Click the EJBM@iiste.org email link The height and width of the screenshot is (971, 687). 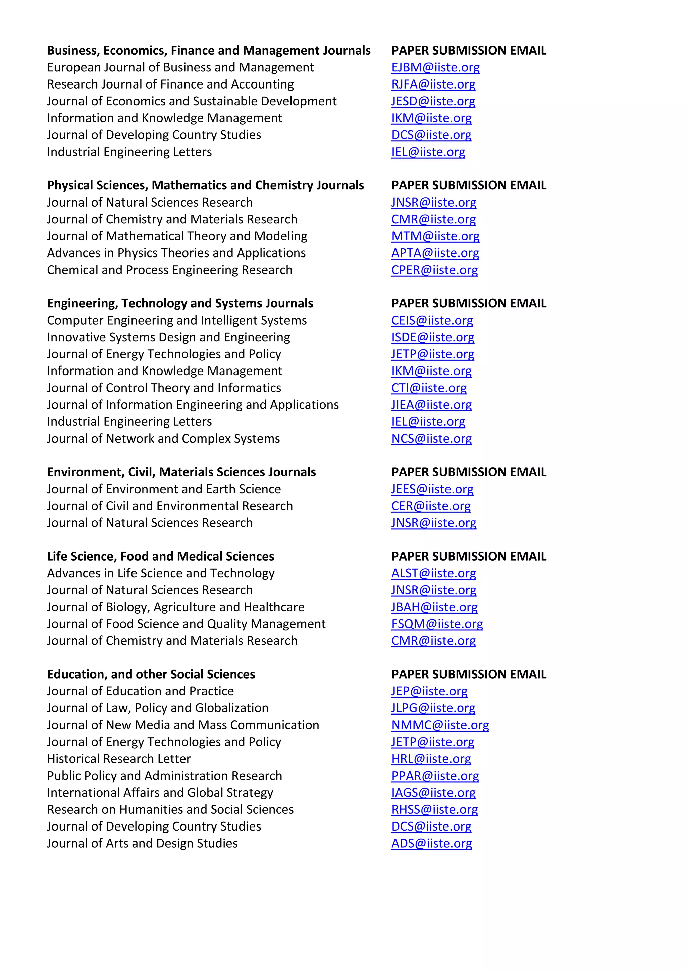(435, 68)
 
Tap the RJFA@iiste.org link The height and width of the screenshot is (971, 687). (433, 84)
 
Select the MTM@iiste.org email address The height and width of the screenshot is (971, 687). (435, 236)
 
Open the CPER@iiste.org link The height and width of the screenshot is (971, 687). (434, 270)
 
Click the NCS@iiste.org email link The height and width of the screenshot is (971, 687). (431, 439)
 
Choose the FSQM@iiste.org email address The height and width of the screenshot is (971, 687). (437, 624)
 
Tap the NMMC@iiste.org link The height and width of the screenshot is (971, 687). (440, 725)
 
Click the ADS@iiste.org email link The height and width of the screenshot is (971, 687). (431, 844)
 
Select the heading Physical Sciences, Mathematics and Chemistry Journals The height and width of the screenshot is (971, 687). (205, 186)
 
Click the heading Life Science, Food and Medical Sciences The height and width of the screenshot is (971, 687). (160, 557)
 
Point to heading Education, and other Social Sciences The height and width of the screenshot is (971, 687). (151, 675)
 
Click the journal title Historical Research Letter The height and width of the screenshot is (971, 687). (119, 759)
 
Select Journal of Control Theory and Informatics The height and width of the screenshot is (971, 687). (164, 388)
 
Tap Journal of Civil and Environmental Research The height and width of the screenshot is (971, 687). (170, 506)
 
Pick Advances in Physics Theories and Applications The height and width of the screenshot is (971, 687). (176, 253)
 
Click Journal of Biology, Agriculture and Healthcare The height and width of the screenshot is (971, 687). (175, 607)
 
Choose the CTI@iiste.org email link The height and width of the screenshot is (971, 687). (429, 388)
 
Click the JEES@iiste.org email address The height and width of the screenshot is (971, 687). (432, 489)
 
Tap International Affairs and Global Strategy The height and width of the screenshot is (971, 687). (160, 793)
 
